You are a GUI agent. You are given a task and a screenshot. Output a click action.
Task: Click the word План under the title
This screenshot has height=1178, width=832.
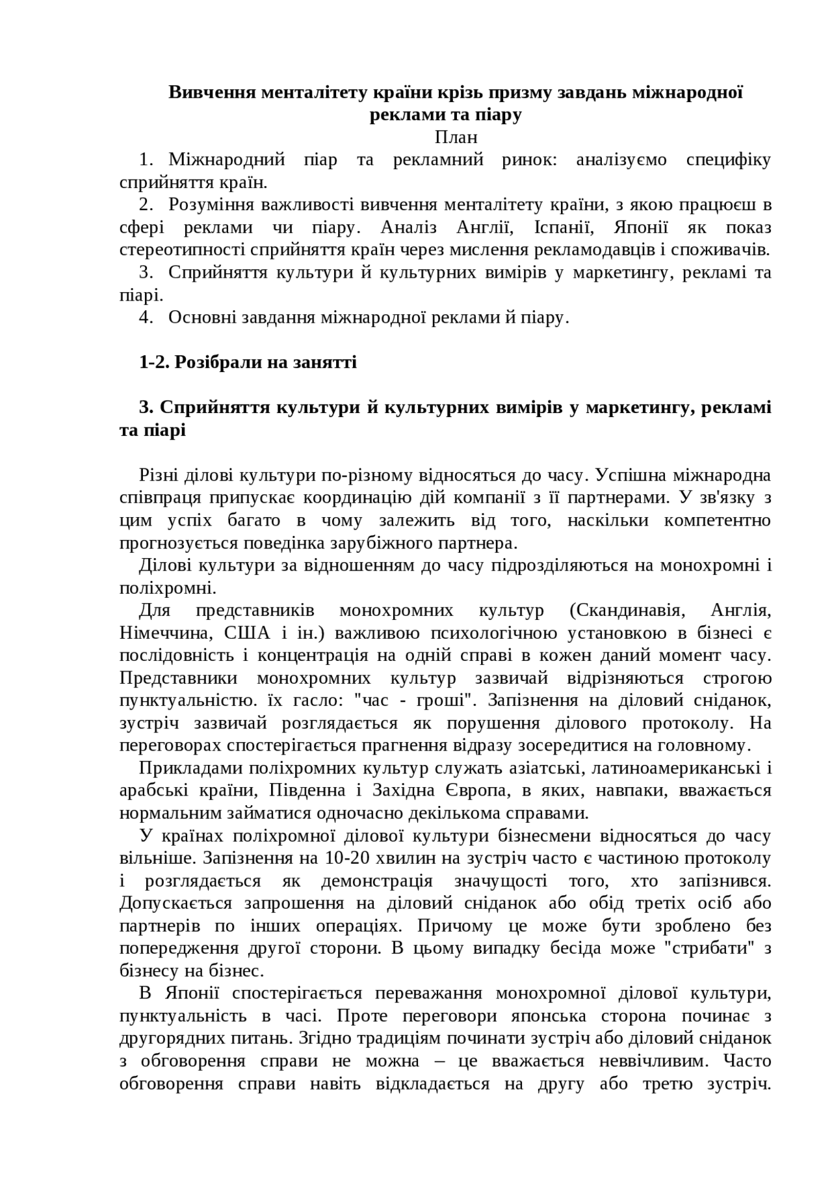(456, 137)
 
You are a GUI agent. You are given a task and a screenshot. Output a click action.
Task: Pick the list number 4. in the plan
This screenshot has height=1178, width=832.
(146, 317)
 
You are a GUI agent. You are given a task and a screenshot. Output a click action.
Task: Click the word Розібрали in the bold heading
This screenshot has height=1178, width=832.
(219, 362)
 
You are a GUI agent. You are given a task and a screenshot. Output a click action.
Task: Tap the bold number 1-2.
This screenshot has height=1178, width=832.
(154, 362)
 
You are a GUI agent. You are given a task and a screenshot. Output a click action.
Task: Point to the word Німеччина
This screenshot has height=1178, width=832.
(164, 634)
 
